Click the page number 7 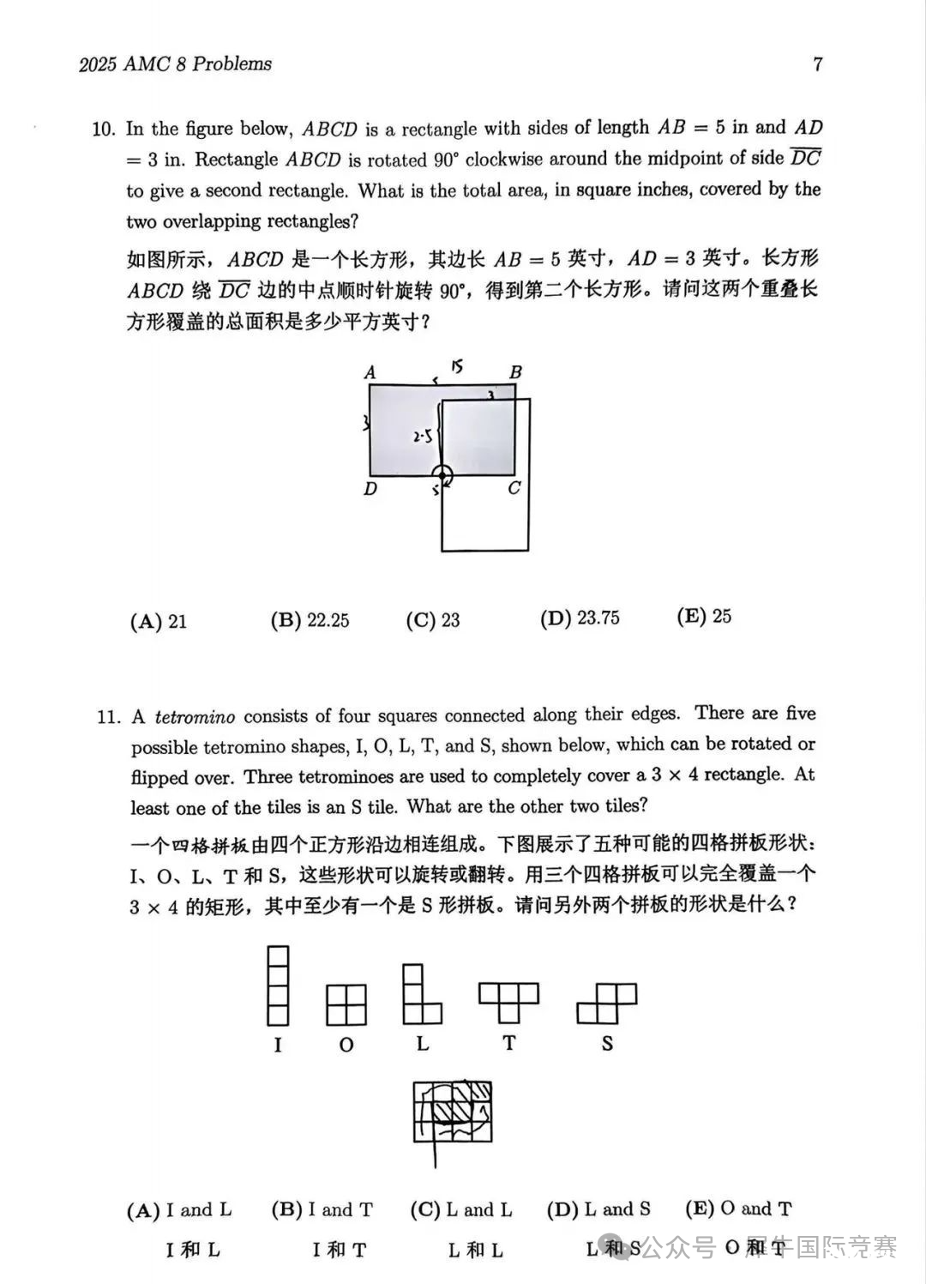pos(817,64)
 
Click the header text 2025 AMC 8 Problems pos(175,64)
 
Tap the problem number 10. pos(103,130)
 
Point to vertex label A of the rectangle pos(370,372)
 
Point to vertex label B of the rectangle pos(515,372)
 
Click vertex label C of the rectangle pos(514,488)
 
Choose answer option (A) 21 pos(159,621)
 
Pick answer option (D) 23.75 pos(580,618)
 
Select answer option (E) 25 pos(704,616)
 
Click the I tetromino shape pos(278,986)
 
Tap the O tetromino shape pos(346,1004)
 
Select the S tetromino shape pos(607,1004)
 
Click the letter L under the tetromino pos(423,1044)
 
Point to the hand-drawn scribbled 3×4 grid pos(453,1112)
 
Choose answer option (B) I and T pos(322,1210)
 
